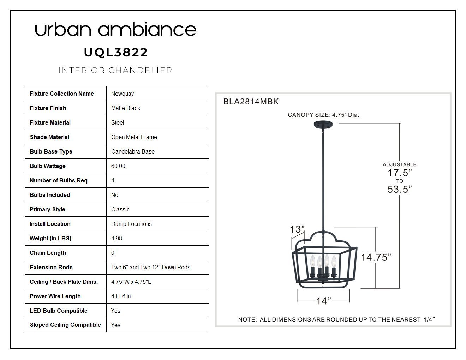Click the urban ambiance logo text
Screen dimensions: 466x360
tap(115, 29)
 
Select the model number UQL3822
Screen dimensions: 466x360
tap(116, 53)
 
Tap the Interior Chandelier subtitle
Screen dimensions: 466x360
tap(115, 70)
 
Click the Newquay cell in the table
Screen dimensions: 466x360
tap(123, 94)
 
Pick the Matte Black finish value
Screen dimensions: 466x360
tap(125, 108)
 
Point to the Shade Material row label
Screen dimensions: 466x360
tap(49, 137)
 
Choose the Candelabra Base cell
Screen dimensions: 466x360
tap(133, 152)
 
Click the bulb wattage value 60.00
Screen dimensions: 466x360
tap(118, 166)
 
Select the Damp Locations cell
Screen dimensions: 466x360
tap(131, 224)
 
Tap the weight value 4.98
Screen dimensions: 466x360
tap(116, 239)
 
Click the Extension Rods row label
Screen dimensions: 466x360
tap(51, 267)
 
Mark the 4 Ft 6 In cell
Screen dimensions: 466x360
tap(121, 296)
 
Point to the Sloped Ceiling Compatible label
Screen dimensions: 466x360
tap(65, 325)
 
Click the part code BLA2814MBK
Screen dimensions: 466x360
tap(251, 102)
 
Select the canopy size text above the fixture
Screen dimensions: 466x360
tap(323, 115)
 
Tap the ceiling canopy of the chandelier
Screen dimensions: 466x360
tap(323, 125)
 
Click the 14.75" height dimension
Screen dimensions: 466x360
tap(376, 258)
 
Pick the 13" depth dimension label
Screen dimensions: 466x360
tap(297, 229)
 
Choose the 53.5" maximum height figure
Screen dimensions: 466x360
tap(400, 189)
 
